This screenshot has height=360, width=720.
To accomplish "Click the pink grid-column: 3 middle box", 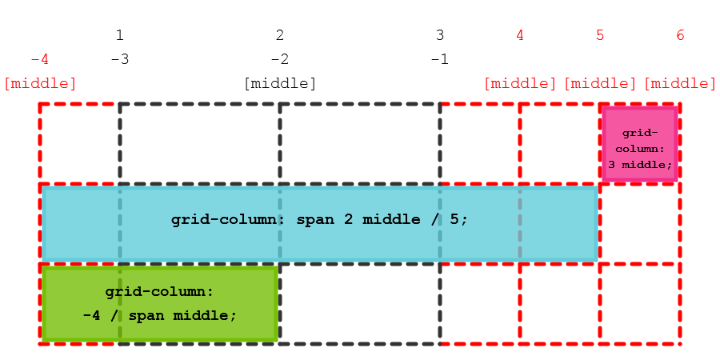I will (640, 144).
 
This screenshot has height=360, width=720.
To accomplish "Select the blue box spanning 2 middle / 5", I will (320, 224).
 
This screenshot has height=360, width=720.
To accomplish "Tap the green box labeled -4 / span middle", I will (160, 304).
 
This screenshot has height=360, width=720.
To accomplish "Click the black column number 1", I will (120, 35).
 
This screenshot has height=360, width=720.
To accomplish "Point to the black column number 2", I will (280, 35).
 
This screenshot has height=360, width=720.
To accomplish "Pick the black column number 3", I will (440, 35).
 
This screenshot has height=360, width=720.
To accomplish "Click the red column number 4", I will (520, 35).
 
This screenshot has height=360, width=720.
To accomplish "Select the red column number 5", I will (600, 35).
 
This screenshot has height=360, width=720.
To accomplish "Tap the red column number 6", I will (680, 35).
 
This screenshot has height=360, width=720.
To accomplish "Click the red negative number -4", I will (39, 59).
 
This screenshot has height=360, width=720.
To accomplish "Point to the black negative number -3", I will (119, 59).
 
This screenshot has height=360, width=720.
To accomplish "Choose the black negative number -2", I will (279, 59).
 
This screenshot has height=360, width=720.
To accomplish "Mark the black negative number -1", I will (439, 59).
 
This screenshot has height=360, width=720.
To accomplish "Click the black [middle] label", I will (280, 83).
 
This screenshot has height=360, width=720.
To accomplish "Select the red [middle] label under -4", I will (40, 83).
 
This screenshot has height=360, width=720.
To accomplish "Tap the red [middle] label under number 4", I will (520, 83).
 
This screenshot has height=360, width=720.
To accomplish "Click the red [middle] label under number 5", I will (600, 83).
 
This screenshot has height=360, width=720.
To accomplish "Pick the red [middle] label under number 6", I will (680, 83).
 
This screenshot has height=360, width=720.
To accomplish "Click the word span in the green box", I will (145, 315).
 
